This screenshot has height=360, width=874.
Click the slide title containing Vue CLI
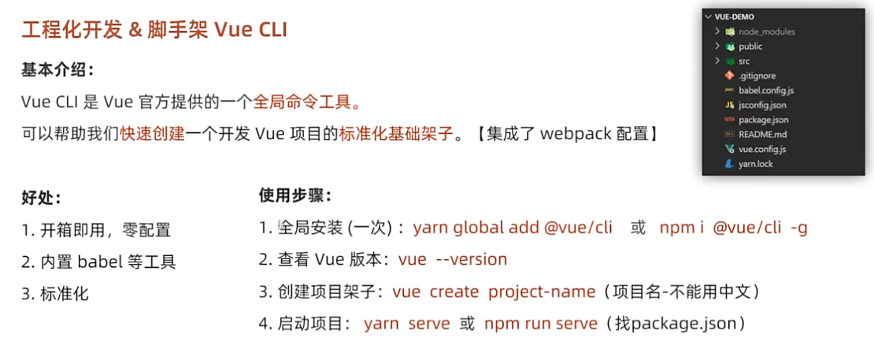click(x=154, y=30)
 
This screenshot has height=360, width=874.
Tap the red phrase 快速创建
click(x=152, y=134)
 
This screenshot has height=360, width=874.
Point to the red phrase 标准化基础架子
click(x=396, y=134)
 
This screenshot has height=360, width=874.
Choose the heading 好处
click(x=41, y=198)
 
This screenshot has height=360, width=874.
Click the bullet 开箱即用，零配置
click(x=103, y=230)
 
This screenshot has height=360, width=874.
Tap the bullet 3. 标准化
click(x=55, y=294)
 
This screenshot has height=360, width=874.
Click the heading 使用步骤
click(x=295, y=195)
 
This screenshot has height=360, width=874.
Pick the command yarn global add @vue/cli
click(x=513, y=228)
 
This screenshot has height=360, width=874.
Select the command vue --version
click(x=453, y=259)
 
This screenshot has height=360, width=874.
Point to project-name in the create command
click(x=542, y=291)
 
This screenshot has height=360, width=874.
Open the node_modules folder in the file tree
click(x=766, y=32)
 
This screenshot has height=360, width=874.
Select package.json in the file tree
click(x=763, y=120)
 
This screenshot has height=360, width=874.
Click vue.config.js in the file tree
click(x=761, y=149)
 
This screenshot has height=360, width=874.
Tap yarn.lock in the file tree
click(x=756, y=164)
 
